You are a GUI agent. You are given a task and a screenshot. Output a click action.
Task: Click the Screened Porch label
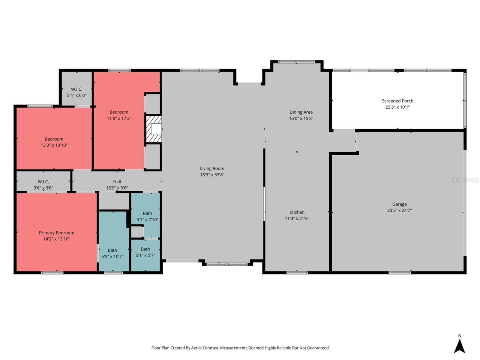pyautogui.click(x=397, y=101)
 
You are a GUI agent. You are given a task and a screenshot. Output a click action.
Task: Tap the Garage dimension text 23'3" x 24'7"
pyautogui.click(x=399, y=210)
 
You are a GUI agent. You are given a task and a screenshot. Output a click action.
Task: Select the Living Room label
pyautogui.click(x=212, y=168)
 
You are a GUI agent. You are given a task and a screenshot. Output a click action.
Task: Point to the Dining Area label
pyautogui.click(x=301, y=112)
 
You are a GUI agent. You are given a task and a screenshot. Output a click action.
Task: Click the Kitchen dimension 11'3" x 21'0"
pyautogui.click(x=297, y=218)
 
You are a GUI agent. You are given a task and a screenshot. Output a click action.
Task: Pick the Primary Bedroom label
pyautogui.click(x=57, y=233)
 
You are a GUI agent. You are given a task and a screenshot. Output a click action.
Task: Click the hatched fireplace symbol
pyautogui.click(x=154, y=129)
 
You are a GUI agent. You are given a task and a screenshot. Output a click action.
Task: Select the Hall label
pyautogui.click(x=117, y=182)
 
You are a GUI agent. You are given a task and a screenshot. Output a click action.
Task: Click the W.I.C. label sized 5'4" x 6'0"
pyautogui.click(x=76, y=89)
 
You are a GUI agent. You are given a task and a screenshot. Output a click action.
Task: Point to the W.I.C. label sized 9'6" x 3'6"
pyautogui.click(x=43, y=182)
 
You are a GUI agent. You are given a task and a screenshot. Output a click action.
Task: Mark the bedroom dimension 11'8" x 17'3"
pyautogui.click(x=119, y=118)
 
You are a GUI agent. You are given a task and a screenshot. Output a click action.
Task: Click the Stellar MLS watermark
pyautogui.click(x=465, y=180)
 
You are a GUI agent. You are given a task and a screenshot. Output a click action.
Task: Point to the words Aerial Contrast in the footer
pyautogui.click(x=205, y=348)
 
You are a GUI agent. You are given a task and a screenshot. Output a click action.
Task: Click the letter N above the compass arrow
pyautogui.click(x=459, y=336)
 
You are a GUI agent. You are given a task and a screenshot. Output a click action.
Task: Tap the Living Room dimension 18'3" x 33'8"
pyautogui.click(x=212, y=174)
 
